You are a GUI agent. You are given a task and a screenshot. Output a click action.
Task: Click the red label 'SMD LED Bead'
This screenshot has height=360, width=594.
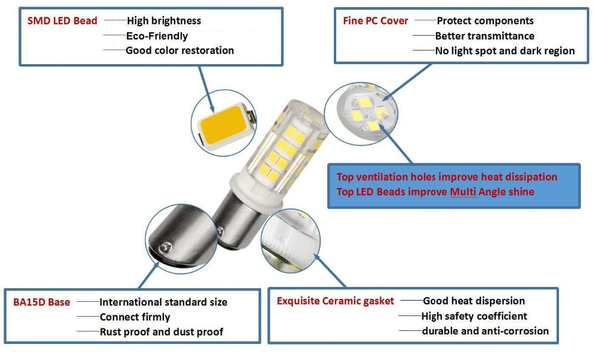coord(62,21)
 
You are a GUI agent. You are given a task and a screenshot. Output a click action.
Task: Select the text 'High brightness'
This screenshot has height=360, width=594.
coord(164,21)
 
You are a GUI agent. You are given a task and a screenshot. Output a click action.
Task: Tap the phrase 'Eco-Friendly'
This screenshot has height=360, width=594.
coord(157,36)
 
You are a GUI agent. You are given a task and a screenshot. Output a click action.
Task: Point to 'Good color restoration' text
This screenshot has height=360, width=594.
coord(179,50)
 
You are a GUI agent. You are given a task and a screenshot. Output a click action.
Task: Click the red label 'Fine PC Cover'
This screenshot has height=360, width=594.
coord(375,21)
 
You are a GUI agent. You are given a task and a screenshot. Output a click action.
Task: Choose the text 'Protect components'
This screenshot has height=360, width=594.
coord(485,21)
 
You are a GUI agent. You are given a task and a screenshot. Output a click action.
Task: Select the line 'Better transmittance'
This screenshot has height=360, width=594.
coord(485,36)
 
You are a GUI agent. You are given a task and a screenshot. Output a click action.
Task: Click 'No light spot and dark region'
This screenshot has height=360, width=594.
coord(505,51)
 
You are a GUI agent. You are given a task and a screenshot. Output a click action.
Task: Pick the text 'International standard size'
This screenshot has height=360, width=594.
coord(163,302)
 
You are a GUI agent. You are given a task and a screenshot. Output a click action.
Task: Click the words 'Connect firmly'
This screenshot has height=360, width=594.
coord(135,317)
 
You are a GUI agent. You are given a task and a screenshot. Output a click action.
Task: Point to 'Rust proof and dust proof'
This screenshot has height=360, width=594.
coord(162,331)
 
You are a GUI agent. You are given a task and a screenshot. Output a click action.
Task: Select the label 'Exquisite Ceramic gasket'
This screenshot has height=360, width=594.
coord(335,301)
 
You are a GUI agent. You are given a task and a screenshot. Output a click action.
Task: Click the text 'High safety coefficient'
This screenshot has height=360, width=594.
coord(474,316)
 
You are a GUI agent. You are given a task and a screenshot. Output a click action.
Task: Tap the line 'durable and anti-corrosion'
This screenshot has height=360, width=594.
coord(485,331)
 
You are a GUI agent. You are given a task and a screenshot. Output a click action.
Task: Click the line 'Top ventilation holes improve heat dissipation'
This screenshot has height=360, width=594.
coord(447,177)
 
